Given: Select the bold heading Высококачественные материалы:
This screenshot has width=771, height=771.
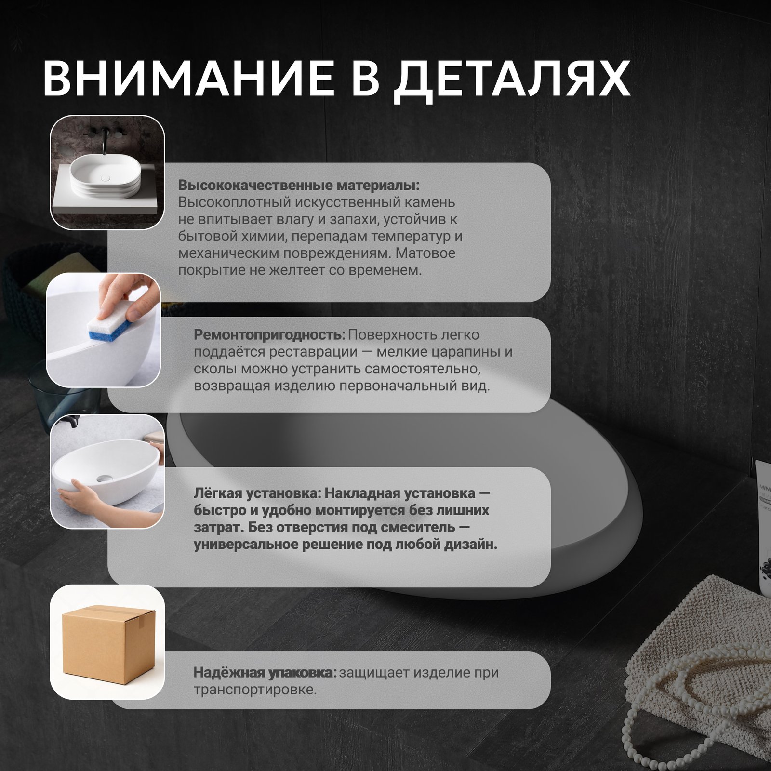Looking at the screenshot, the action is pyautogui.click(x=299, y=186).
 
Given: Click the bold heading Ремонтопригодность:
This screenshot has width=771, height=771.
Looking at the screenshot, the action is pyautogui.click(x=270, y=335).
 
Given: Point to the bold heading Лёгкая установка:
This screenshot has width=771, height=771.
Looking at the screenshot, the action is pyautogui.click(x=257, y=493).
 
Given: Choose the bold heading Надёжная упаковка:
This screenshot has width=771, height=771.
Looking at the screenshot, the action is pyautogui.click(x=265, y=672).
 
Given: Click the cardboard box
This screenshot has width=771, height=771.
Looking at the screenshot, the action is pyautogui.click(x=109, y=641).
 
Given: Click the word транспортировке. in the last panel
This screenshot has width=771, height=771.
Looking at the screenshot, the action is pyautogui.click(x=255, y=690).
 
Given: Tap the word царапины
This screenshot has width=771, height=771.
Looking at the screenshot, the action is pyautogui.click(x=462, y=353).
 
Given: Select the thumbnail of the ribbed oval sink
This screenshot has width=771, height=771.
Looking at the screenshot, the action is pyautogui.click(x=107, y=172).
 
